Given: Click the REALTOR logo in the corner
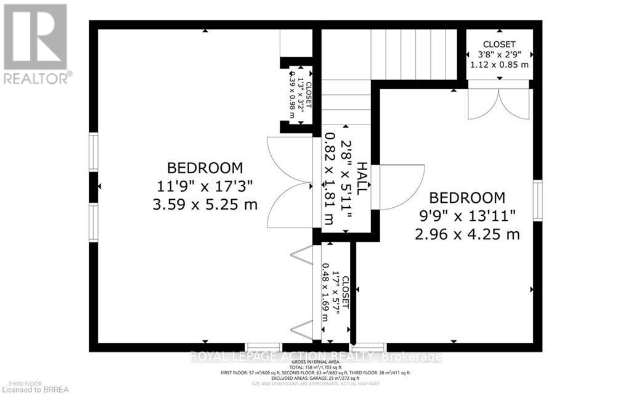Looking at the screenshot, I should point(36,43).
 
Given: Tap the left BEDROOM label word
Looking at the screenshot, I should point(205,168).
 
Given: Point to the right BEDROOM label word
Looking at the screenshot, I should point(467,198).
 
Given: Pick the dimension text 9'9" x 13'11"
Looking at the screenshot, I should point(467,216).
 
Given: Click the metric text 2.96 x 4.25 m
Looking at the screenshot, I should point(467,234).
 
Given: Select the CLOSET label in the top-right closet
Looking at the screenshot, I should point(499,44).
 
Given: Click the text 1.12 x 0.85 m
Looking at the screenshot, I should point(499,64).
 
